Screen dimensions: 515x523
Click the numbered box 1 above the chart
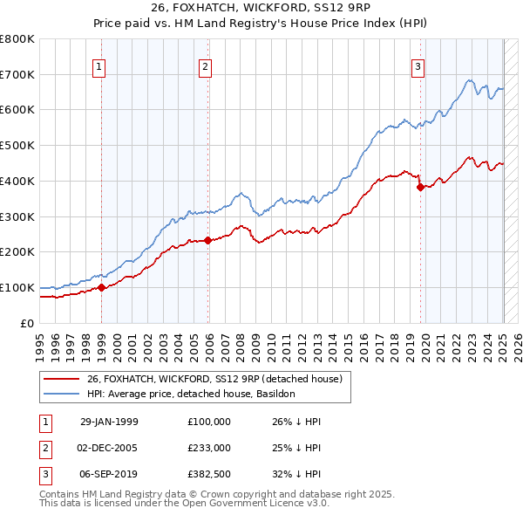pos(98,66)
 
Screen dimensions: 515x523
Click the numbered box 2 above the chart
pos(205,66)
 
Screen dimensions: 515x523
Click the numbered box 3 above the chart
pos(418,66)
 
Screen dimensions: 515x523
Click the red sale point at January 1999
pos(102,286)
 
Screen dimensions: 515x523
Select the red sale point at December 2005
pos(208,240)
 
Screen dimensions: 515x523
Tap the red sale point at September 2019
pos(420,186)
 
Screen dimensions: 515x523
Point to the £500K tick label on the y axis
pos(17,145)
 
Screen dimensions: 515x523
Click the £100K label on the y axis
pos(17,287)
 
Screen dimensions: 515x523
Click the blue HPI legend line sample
pos(62,394)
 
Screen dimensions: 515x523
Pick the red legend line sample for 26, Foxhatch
pos(62,379)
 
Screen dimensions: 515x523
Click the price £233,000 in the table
pos(208,447)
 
